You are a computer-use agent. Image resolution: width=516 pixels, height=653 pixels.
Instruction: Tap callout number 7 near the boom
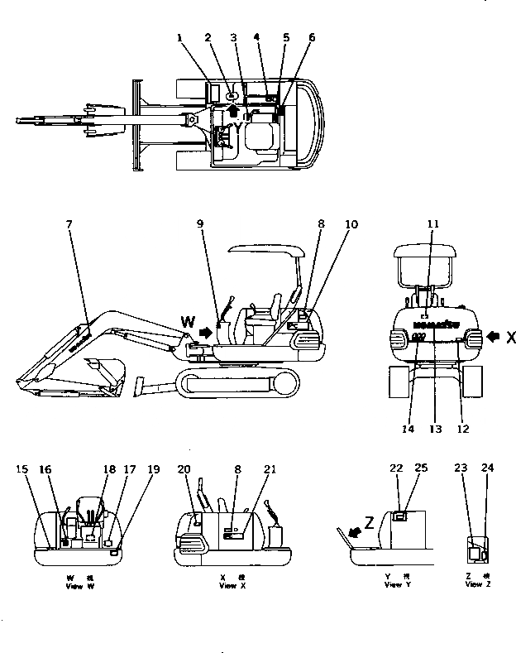[x=69, y=224]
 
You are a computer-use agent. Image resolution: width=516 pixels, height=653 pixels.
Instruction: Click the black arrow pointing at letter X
[x=493, y=337]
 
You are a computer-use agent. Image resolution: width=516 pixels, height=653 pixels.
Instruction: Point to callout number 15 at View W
[x=21, y=469]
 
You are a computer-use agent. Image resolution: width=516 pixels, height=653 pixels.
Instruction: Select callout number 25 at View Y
[x=421, y=469]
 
